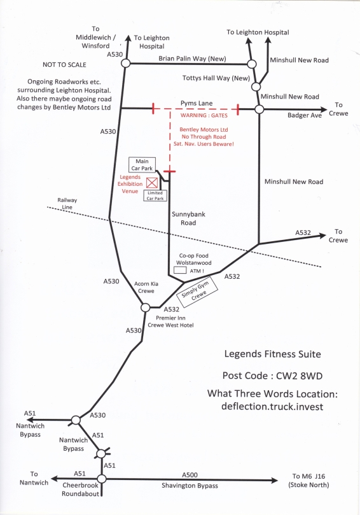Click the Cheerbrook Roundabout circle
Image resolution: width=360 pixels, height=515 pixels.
pos(102,479)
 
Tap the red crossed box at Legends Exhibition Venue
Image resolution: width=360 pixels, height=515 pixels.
pos(151,183)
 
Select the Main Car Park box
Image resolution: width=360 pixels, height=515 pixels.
pos(142,165)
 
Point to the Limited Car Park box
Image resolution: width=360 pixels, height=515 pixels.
pos(155,196)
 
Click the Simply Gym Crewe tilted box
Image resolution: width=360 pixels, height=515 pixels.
pos(197,292)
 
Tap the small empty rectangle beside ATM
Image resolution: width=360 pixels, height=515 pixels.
pos(180,271)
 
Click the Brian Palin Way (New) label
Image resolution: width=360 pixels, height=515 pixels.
pos(192,59)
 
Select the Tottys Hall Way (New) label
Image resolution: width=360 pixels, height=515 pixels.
pos(216,78)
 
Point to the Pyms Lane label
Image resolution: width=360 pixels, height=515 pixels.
pos(197,103)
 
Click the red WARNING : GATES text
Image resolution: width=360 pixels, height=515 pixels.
pos(204,115)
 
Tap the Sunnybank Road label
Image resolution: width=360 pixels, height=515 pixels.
pos(188,218)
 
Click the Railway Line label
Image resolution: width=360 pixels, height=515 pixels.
pos(67,203)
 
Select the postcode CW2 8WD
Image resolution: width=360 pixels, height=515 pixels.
pos(299,376)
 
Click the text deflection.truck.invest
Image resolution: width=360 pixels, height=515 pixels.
pos(272,406)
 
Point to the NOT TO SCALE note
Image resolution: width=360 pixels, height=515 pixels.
pos(64,65)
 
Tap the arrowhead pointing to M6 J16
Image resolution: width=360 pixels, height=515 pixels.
pos(274,481)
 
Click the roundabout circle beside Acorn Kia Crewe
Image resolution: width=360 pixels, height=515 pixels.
pos(146,307)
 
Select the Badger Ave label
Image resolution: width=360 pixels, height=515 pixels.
pos(305,115)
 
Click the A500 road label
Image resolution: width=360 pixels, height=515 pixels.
pos(190,475)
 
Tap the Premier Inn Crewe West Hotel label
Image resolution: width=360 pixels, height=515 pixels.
pos(170,321)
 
